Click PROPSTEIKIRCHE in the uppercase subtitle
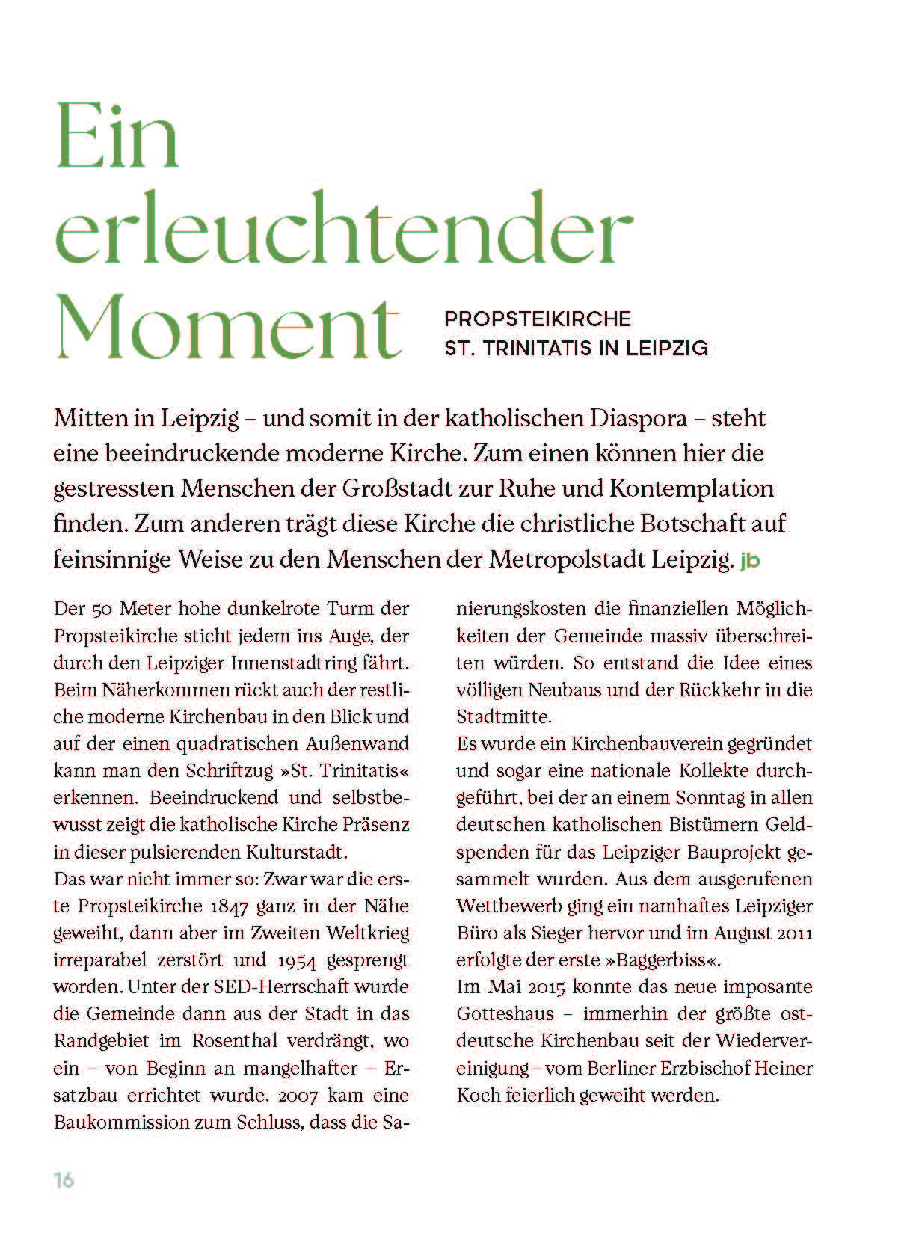[x=538, y=319]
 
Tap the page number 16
[x=64, y=1180]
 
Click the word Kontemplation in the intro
[x=692, y=488]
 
